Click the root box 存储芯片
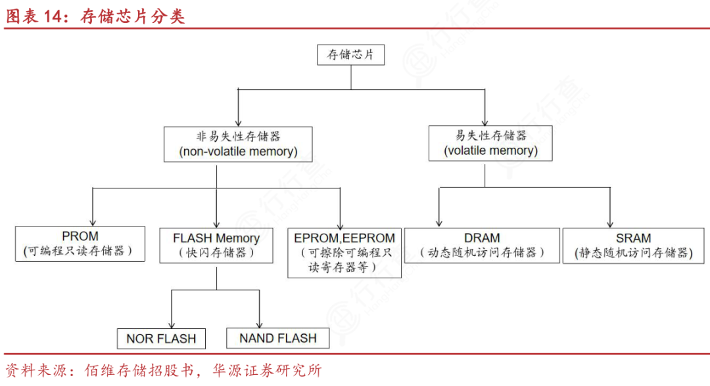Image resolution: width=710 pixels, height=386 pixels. click(350, 55)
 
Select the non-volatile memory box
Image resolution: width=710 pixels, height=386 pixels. click(238, 144)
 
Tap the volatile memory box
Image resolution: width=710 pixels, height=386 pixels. click(490, 143)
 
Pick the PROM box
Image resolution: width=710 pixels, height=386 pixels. click(80, 244)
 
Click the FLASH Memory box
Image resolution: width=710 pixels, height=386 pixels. click(216, 245)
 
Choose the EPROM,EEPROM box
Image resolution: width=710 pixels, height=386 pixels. click(344, 252)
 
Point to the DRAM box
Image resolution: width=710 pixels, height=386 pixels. click(482, 245)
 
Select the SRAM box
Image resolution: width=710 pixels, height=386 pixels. click(633, 245)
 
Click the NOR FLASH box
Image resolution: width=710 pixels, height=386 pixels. click(161, 339)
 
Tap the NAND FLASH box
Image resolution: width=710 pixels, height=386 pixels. click(277, 338)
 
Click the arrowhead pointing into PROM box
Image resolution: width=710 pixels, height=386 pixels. click(93, 222)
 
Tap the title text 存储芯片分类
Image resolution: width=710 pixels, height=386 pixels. click(132, 16)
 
